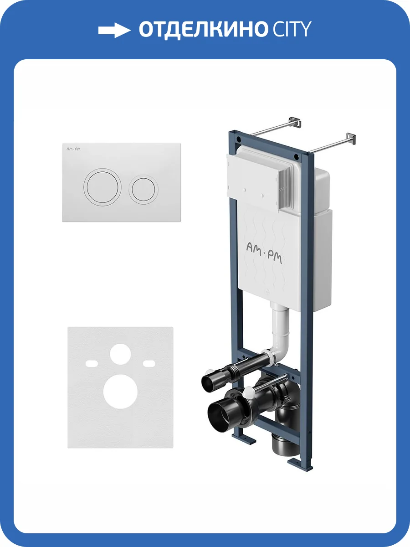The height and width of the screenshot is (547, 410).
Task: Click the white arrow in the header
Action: click(x=114, y=30)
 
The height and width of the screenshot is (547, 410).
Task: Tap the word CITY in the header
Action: click(x=292, y=30)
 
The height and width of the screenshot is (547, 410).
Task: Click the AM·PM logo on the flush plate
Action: click(x=73, y=149)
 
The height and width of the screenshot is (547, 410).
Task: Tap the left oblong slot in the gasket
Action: click(x=92, y=364)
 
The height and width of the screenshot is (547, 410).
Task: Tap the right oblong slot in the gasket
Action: click(x=149, y=364)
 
